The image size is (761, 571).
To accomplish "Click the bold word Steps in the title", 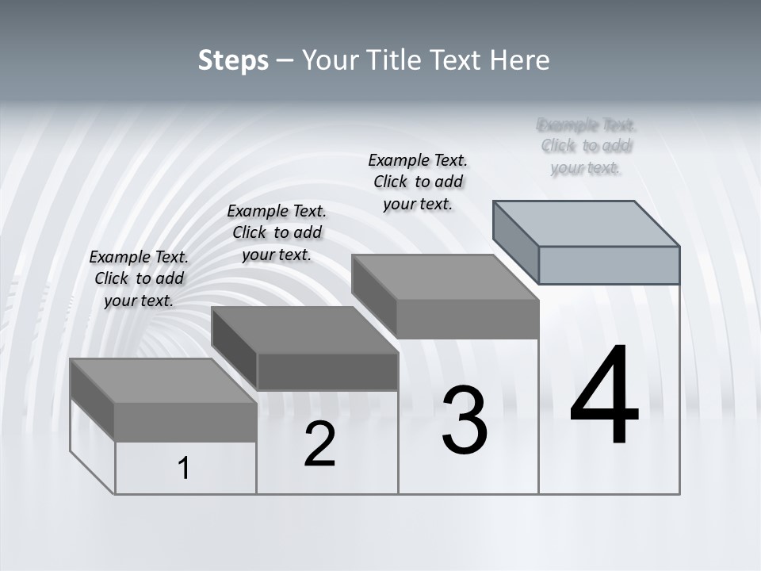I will click(233, 60).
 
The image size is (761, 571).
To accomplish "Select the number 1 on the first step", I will click(184, 469).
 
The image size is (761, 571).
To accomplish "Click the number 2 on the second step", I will click(319, 445).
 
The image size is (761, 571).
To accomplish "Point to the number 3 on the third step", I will click(465, 420).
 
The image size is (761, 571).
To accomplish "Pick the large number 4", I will click(604, 396).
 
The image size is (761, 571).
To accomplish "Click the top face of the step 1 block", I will click(163, 381).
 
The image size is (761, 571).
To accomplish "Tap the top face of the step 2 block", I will click(305, 330).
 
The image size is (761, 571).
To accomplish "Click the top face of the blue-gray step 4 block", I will click(587, 224).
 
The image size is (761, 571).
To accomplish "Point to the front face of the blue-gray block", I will click(609, 265).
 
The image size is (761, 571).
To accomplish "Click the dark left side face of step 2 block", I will click(235, 349).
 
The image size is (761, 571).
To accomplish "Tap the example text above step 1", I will click(139, 278).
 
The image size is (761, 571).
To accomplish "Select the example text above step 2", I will click(277, 232).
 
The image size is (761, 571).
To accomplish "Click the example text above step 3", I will click(418, 182).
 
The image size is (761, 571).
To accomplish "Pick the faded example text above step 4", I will click(586, 146).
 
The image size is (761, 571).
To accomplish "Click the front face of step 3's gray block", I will click(468, 319).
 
